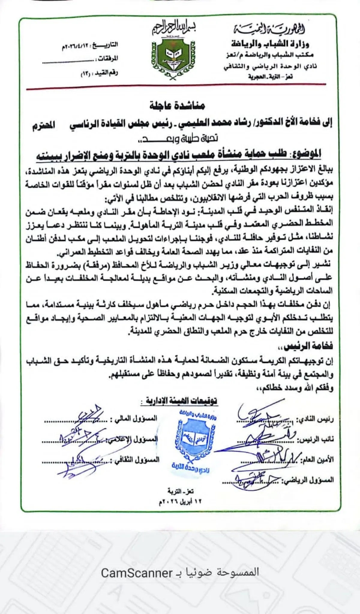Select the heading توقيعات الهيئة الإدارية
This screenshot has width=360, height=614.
point(179,401)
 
